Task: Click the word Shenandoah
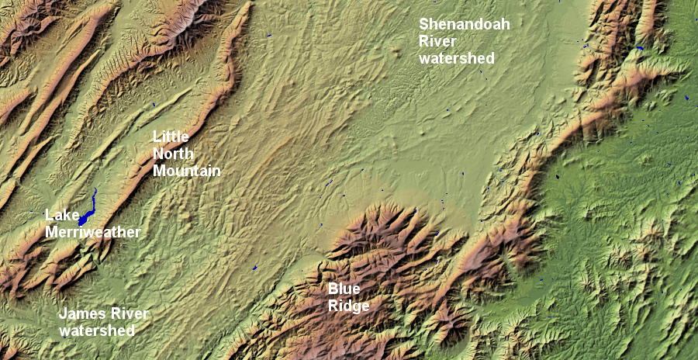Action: coord(464,24)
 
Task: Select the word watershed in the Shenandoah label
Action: coord(456,57)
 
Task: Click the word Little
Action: coord(170,137)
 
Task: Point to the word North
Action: coord(173,153)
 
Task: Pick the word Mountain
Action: coord(187,170)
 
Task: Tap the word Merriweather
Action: coord(92,232)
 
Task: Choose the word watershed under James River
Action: coord(96,331)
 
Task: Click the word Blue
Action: coord(343,289)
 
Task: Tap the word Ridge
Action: coord(347,306)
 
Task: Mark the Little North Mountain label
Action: coord(186,154)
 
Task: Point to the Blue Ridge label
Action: coord(347,297)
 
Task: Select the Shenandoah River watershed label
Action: coord(464,40)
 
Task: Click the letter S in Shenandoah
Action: coord(424,24)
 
